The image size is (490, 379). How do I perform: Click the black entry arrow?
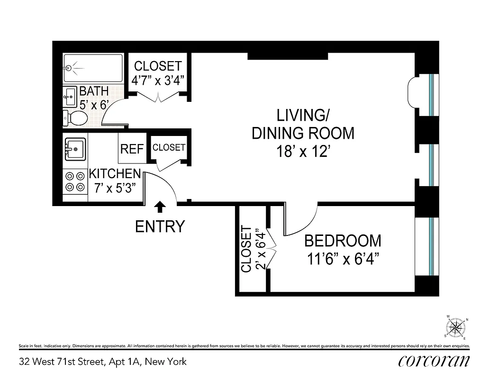[x=160, y=206]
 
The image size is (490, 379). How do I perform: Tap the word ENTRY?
[x=160, y=227]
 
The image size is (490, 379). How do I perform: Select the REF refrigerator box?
[x=132, y=149]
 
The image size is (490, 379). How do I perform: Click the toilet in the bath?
[x=75, y=118]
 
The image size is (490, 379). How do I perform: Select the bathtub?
[x=93, y=68]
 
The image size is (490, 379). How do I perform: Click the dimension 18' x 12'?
[x=303, y=151]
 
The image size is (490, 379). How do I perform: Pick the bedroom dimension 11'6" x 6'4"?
[x=343, y=259]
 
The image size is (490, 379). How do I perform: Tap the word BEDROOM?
[x=343, y=241]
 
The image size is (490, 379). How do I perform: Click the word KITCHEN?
[x=115, y=173]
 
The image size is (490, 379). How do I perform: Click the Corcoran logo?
[x=434, y=361]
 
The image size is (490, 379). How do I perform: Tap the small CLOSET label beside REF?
[x=169, y=147]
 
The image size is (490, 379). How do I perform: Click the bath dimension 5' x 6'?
[x=94, y=105]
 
